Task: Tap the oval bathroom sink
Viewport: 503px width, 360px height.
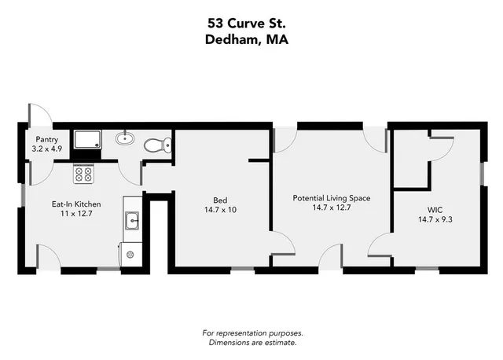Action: tap(123, 140)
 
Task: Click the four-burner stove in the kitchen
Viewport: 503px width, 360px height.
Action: tap(83, 174)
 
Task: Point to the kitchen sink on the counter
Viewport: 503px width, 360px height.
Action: tap(132, 221)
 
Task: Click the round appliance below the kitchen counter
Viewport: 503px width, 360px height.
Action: tap(130, 253)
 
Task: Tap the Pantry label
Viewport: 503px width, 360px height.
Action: tap(46, 138)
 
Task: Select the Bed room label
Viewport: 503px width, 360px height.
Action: tap(220, 199)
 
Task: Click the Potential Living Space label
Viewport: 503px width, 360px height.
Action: tap(330, 198)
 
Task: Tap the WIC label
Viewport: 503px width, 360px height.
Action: tap(435, 209)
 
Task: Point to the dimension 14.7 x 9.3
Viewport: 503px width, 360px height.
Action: tap(435, 219)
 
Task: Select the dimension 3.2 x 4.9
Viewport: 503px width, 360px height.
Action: tap(46, 148)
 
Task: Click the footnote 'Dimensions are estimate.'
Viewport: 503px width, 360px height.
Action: tap(251, 343)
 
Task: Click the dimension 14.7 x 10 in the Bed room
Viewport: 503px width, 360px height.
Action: tap(220, 209)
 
